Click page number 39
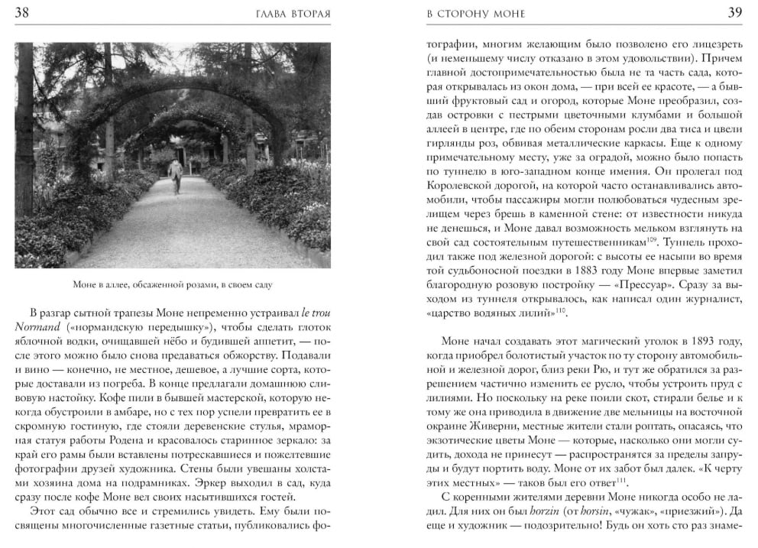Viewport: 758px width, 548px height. (x=734, y=12)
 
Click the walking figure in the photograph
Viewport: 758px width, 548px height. (x=176, y=176)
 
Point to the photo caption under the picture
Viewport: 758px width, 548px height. (x=173, y=285)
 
